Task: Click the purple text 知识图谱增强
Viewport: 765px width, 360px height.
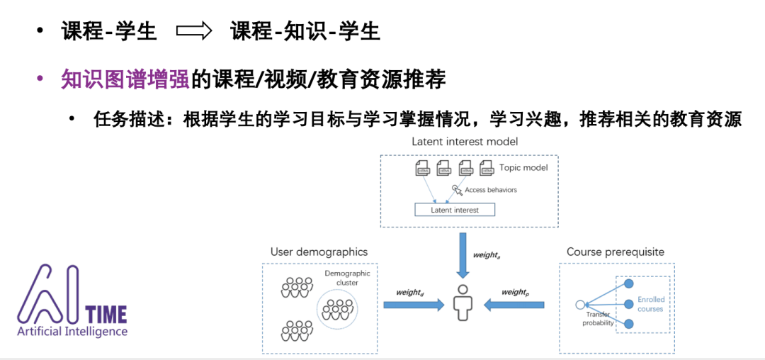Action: (125, 79)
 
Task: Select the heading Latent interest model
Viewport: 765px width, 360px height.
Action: (465, 142)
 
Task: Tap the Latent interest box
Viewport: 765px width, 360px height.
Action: (455, 210)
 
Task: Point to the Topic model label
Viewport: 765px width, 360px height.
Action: (523, 168)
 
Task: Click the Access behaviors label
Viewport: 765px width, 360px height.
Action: (490, 190)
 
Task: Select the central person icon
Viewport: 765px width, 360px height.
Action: (464, 298)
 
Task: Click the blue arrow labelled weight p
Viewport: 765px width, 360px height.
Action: (514, 304)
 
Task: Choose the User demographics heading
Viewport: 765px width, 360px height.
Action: (319, 252)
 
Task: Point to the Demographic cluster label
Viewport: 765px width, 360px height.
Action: (342, 278)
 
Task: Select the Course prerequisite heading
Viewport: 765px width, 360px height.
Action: (616, 252)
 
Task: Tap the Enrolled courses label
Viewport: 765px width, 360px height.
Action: (650, 304)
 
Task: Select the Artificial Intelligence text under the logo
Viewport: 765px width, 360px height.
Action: (72, 332)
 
